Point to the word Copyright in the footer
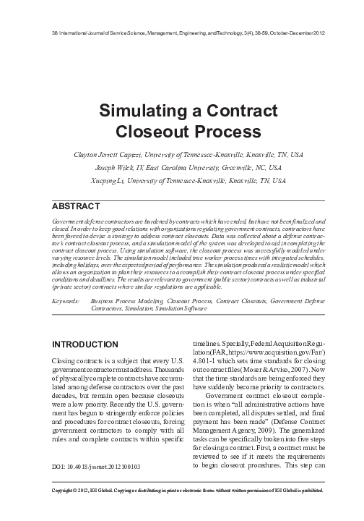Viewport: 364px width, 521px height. click(69, 509)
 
